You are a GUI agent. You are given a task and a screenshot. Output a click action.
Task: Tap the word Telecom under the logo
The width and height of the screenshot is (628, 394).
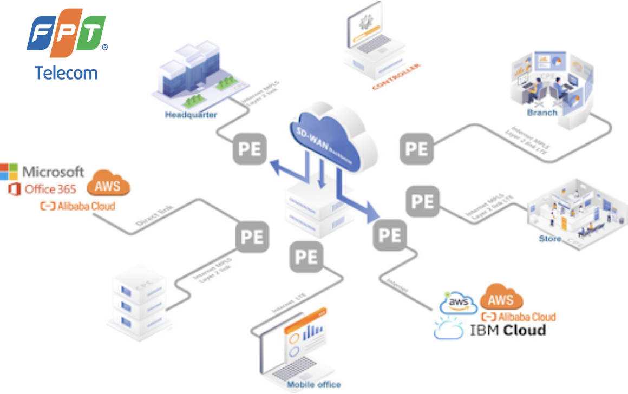click(66, 73)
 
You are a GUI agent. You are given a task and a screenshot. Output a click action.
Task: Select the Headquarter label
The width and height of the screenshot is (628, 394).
click(191, 115)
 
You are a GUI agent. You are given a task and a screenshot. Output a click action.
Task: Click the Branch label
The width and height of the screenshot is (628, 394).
click(542, 113)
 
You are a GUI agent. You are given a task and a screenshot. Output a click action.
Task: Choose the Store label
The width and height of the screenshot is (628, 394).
click(549, 239)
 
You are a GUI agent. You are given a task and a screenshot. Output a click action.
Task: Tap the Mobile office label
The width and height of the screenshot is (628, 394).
click(314, 384)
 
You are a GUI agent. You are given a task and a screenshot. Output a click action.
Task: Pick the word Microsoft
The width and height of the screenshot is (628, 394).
click(53, 172)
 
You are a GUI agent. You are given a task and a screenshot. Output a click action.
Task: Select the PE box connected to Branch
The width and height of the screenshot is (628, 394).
click(417, 148)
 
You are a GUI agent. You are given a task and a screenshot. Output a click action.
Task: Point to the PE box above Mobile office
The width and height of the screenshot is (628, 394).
click(306, 257)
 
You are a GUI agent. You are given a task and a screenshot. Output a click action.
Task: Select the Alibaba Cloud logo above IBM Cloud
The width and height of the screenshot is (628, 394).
click(519, 317)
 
